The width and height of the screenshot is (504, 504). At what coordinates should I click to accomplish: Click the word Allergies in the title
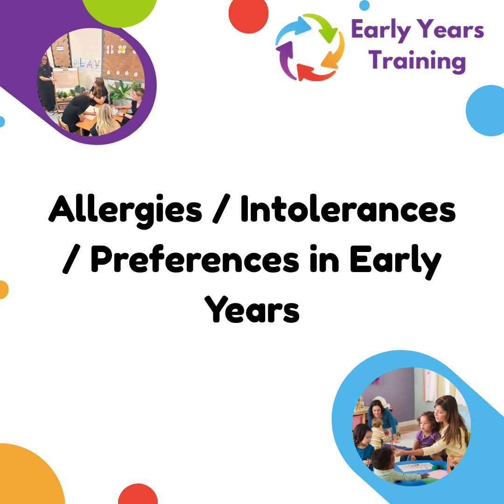coord(126,211)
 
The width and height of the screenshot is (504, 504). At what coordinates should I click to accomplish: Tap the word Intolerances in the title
coord(348,209)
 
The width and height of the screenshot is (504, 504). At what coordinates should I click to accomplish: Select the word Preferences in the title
coord(195,259)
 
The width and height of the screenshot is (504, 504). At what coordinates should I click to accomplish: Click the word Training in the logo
coord(417,62)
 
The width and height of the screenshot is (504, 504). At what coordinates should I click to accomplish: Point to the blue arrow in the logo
coord(291,28)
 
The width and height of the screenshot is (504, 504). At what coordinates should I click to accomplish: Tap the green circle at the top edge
coord(119,11)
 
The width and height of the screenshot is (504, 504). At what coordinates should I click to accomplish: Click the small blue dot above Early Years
coord(364,5)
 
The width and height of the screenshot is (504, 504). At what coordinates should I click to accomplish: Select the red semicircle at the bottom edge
coord(138,494)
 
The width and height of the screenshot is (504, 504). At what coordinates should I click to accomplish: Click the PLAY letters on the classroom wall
coord(86,64)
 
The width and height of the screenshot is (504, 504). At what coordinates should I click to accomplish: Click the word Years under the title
coord(252,309)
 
